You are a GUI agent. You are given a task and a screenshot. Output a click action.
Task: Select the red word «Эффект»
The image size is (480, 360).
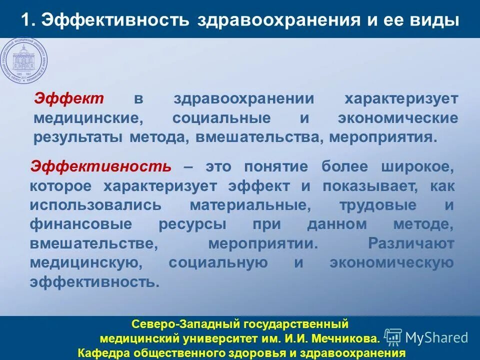click(x=68, y=98)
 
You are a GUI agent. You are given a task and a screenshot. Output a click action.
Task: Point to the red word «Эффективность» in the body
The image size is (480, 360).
click(x=100, y=166)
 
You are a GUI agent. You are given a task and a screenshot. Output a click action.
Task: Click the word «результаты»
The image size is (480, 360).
click(x=78, y=137)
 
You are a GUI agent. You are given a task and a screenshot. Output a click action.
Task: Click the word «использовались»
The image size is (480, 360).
click(x=95, y=205)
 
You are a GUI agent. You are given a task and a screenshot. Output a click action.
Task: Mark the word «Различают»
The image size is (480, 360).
click(x=410, y=243)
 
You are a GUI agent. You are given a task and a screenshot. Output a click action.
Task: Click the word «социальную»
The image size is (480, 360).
click(x=218, y=263)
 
